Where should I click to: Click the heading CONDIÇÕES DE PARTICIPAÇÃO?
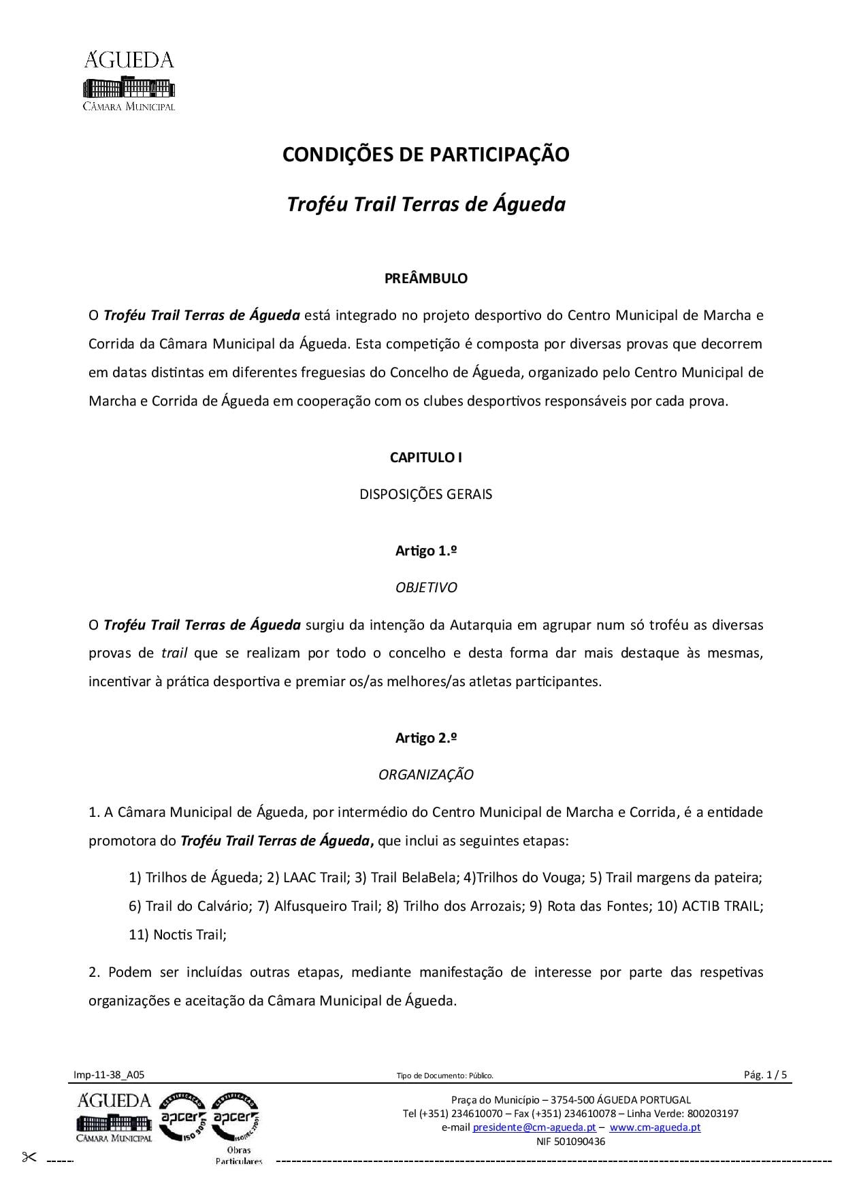pos(425,155)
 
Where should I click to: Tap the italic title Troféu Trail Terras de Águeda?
pos(425,204)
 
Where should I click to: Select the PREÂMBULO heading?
pos(425,278)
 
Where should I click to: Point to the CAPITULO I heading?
pos(425,457)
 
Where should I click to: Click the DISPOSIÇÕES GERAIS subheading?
pos(425,494)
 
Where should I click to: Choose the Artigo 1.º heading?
pos(425,551)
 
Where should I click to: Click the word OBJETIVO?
pos(425,587)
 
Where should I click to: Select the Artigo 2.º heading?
pos(425,738)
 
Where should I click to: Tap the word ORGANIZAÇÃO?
pos(425,775)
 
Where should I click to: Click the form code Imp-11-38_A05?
pos(109,1076)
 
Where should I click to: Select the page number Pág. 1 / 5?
pos(765,1076)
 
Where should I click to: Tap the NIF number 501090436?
pos(570,1142)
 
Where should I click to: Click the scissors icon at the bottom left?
pos(29,1157)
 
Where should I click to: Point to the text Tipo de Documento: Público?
pos(444,1076)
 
